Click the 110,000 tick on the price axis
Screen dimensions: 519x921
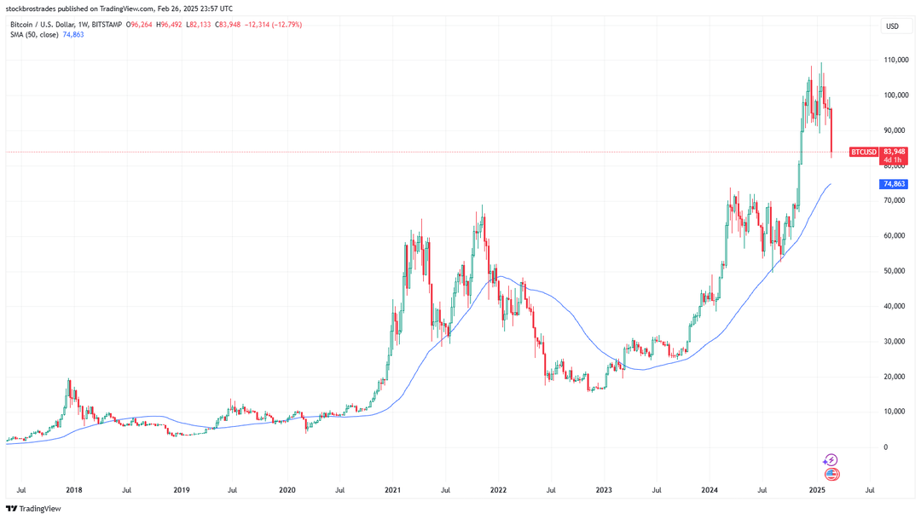[x=895, y=61]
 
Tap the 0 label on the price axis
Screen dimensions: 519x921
[x=886, y=447]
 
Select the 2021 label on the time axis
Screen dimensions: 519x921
[x=392, y=490]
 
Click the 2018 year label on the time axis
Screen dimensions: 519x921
[x=73, y=490]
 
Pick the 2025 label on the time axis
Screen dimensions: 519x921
[x=817, y=490]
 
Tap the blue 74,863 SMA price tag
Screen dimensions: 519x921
[x=893, y=184]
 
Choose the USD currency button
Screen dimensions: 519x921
[x=892, y=26]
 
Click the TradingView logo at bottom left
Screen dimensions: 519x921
[x=35, y=509]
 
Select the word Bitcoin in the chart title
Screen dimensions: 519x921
[x=23, y=25]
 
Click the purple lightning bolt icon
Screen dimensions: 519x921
[x=831, y=459]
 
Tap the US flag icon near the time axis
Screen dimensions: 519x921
[x=831, y=474]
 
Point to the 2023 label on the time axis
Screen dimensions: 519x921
[x=604, y=490]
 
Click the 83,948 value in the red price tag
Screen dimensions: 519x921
[x=893, y=151]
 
